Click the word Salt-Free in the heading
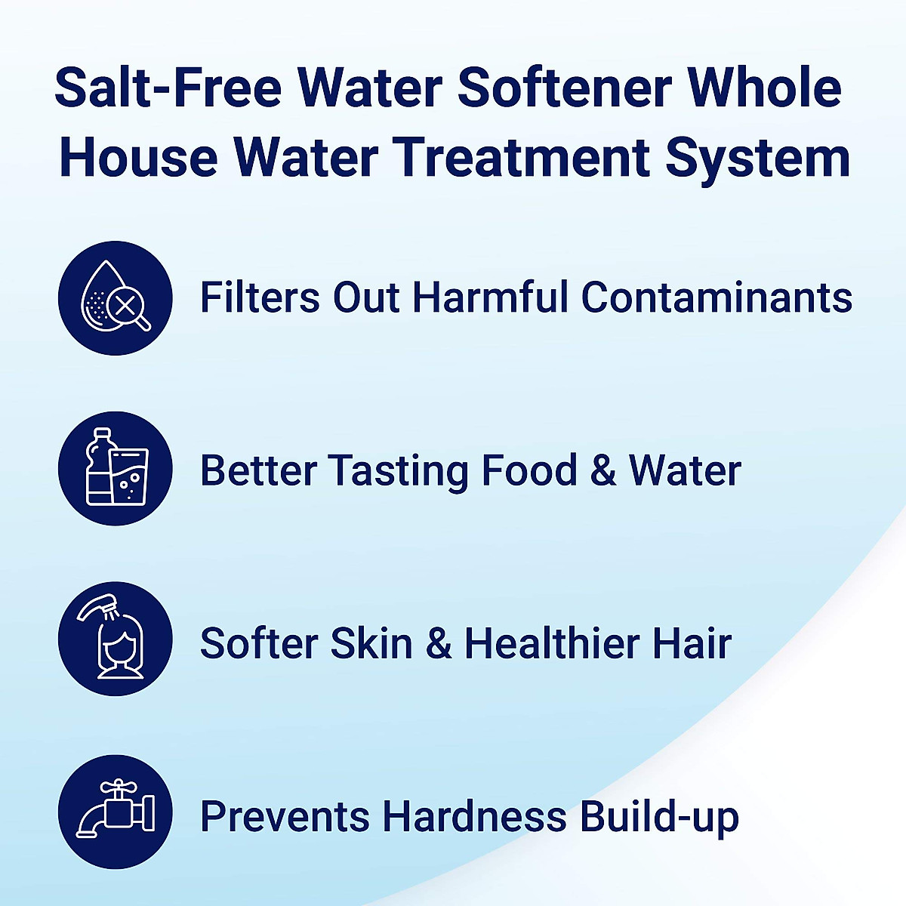(168, 88)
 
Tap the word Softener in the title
(563, 88)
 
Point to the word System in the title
(757, 159)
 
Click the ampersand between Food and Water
(603, 470)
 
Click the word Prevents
(284, 816)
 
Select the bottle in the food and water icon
(98, 468)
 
